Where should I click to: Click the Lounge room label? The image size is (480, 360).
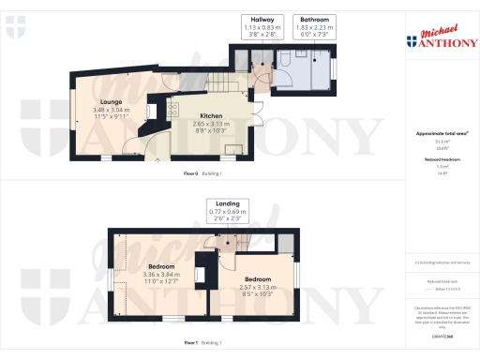tap(112, 102)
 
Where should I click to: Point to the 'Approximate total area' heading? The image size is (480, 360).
tap(436, 134)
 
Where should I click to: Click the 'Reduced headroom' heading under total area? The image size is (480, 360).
tap(436, 160)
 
